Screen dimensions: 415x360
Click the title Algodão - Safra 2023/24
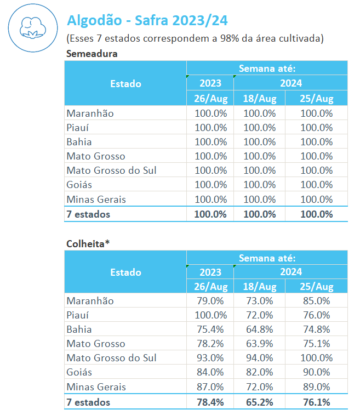click(147, 21)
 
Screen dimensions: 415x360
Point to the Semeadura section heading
click(92, 54)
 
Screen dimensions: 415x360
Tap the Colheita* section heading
click(88, 242)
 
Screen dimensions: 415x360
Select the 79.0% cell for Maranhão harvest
click(210, 301)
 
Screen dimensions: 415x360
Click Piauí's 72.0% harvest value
click(259, 315)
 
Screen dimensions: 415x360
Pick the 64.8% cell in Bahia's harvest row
click(259, 329)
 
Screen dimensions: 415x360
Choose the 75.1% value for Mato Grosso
click(316, 344)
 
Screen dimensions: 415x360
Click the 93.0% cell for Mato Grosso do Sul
click(210, 358)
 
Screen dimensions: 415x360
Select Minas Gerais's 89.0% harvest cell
click(316, 387)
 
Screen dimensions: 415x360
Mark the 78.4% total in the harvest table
click(210, 402)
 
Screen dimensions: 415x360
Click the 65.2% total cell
click(259, 402)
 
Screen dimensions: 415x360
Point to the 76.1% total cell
click(316, 402)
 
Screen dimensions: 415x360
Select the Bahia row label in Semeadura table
click(79, 142)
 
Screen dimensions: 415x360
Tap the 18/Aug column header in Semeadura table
click(259, 99)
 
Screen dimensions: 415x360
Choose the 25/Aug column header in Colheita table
click(316, 287)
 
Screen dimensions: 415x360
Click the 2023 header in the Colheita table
click(210, 272)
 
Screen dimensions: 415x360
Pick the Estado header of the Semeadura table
click(125, 84)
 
